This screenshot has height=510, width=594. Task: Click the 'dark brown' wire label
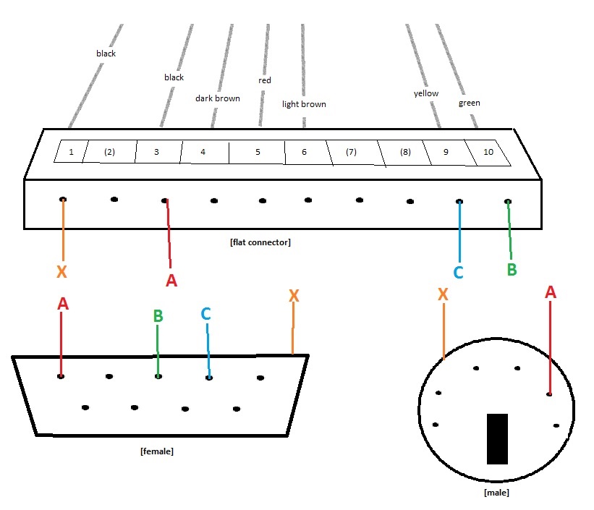tap(217, 98)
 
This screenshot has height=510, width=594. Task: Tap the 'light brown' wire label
tap(304, 104)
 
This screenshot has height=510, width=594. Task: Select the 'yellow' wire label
tap(426, 94)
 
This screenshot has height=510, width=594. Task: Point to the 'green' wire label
tap(469, 103)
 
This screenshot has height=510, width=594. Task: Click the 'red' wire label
tap(265, 80)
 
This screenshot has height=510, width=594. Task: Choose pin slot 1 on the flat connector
tap(71, 151)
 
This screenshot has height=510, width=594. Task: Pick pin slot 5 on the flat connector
tap(257, 153)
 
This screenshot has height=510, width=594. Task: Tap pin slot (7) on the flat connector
tap(352, 152)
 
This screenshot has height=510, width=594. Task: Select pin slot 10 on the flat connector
tap(488, 152)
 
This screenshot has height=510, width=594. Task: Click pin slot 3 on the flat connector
tap(157, 152)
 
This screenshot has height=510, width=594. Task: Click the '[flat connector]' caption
tap(260, 242)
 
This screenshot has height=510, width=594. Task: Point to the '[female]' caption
tap(156, 451)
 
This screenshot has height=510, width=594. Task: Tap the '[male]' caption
tap(496, 493)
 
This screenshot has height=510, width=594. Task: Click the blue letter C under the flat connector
tap(458, 273)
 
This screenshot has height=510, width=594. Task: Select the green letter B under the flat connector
tap(512, 269)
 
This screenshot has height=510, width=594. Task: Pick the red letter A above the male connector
tap(550, 292)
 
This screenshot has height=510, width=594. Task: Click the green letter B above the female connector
tap(158, 316)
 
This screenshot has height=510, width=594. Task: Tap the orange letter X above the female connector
tap(293, 296)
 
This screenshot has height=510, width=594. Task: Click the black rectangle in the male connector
tap(497, 438)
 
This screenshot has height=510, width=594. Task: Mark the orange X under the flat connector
tap(62, 272)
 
